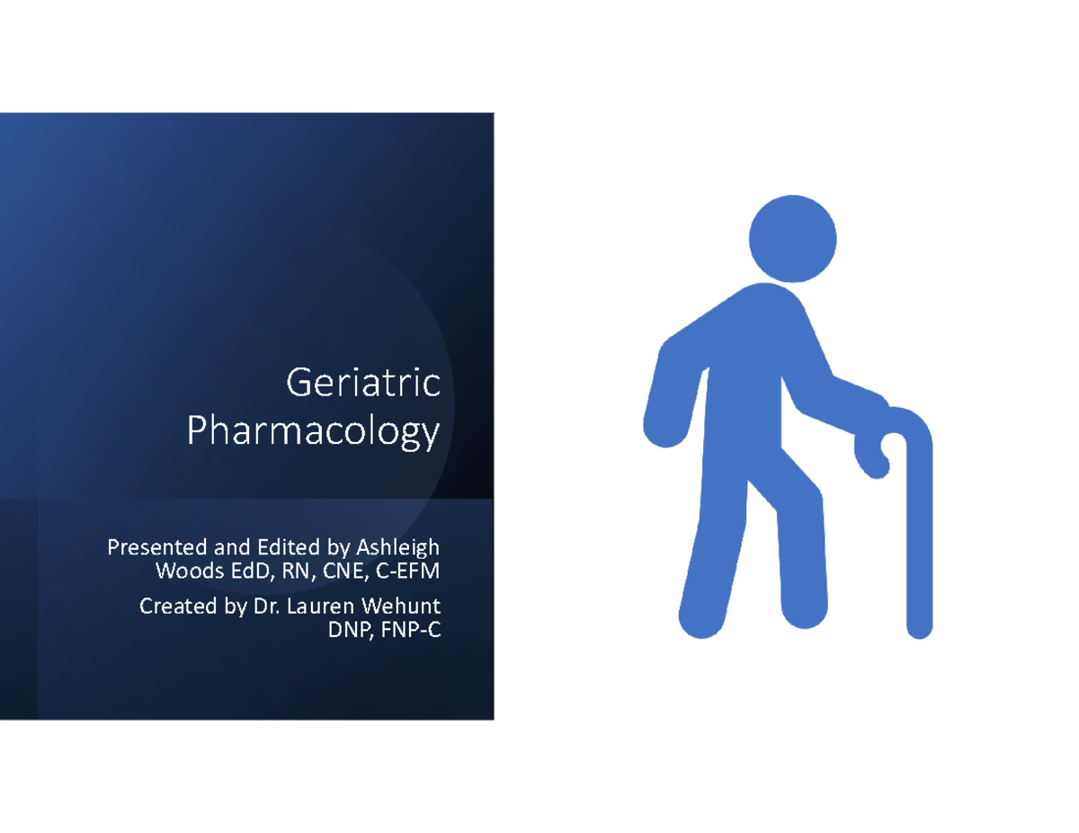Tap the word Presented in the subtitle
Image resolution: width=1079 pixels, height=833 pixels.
(149, 546)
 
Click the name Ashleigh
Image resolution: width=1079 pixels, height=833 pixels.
(398, 546)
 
